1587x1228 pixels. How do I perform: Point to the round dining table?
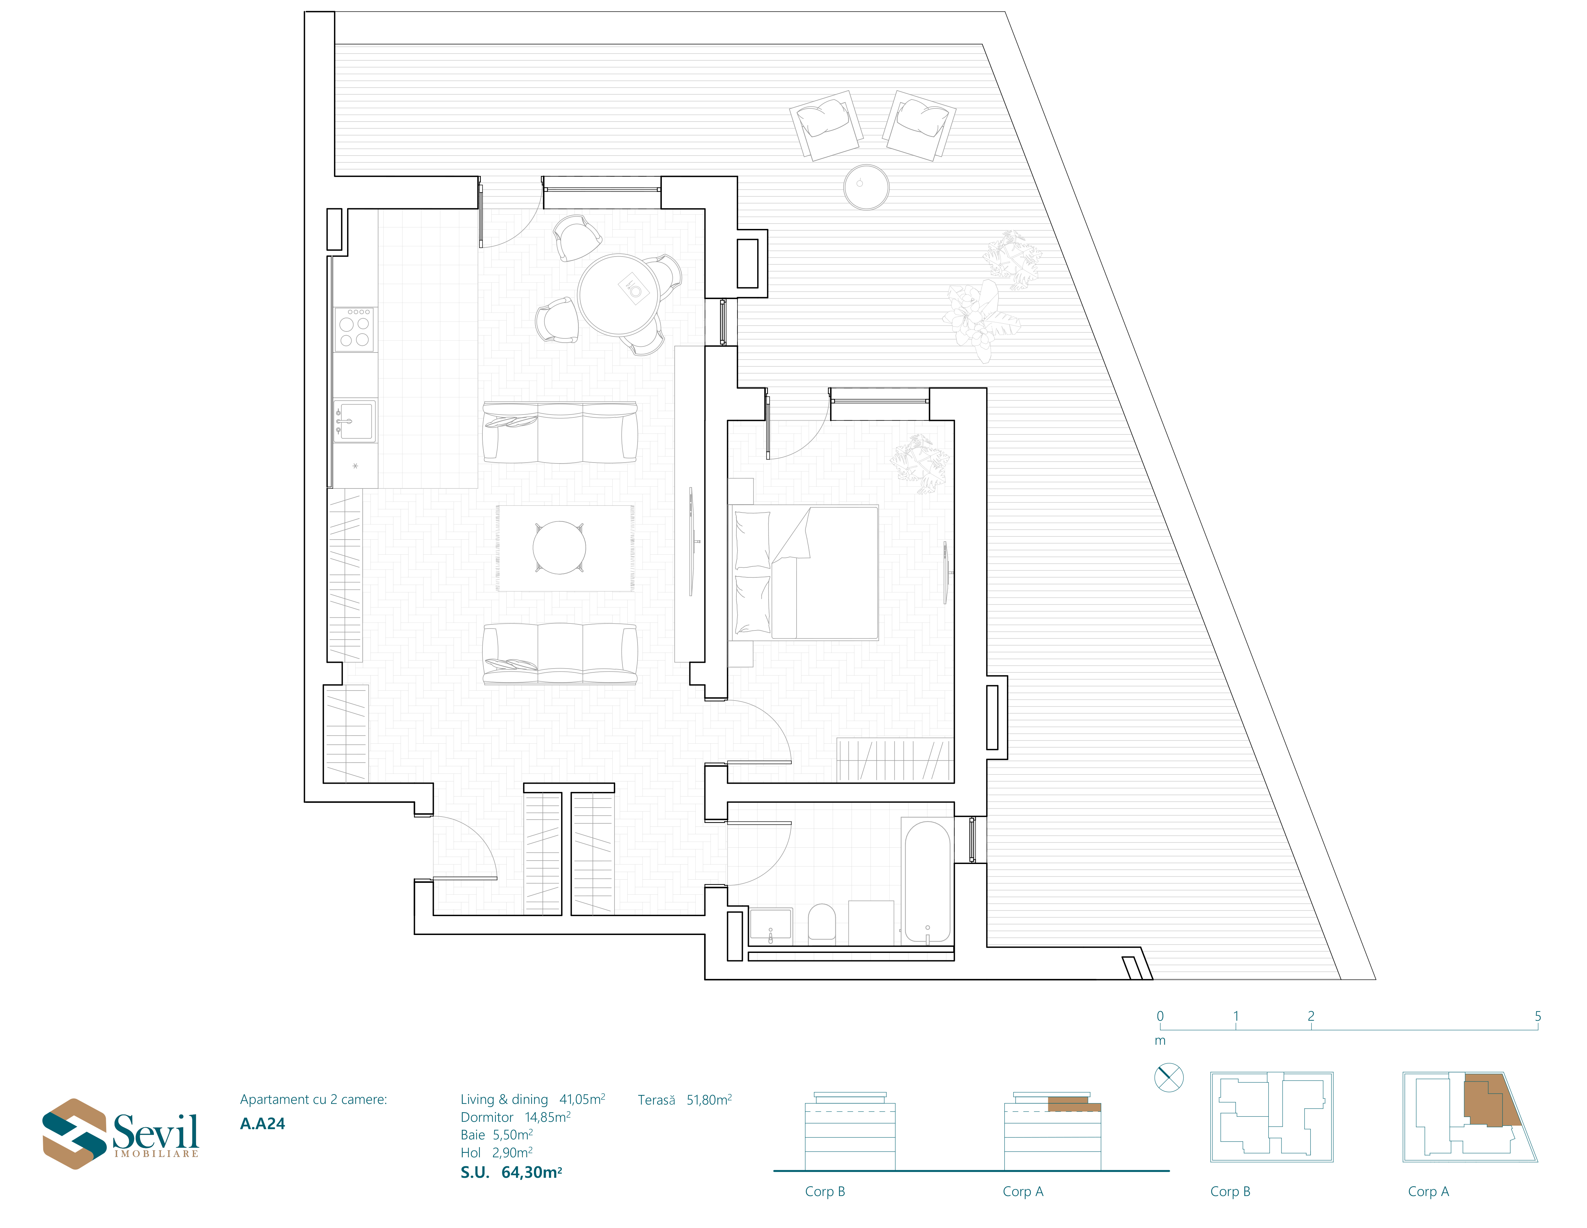tap(619, 294)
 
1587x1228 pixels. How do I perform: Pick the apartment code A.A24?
tap(262, 1123)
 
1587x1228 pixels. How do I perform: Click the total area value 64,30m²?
tap(532, 1172)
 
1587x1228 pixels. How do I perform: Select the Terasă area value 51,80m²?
tap(709, 1099)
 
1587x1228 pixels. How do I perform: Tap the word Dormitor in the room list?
tap(487, 1117)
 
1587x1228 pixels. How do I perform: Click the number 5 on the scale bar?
tap(1538, 1016)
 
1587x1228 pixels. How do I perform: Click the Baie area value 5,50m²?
tap(513, 1134)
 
